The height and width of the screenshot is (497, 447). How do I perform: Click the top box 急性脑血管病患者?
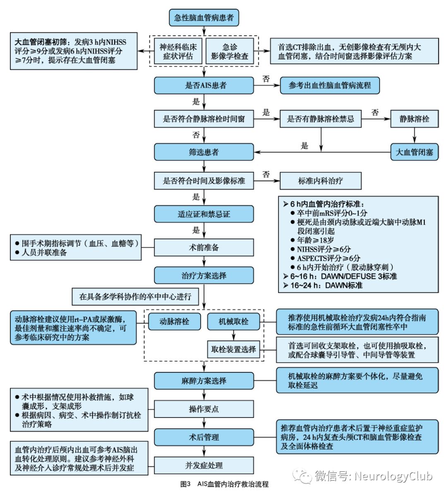click(204, 17)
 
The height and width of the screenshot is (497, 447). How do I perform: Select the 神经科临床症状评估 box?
click(178, 52)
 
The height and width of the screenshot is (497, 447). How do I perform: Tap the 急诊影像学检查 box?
click(230, 52)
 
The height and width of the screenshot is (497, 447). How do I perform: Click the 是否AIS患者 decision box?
click(204, 86)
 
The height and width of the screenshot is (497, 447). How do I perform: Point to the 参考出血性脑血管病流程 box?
click(329, 86)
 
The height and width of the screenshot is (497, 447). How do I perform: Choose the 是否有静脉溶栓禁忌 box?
click(320, 119)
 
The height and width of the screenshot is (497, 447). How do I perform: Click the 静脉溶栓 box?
click(414, 119)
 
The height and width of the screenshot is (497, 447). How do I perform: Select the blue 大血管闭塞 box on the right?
click(414, 152)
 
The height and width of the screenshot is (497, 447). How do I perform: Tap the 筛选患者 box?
click(204, 152)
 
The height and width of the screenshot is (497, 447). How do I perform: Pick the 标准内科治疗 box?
click(320, 181)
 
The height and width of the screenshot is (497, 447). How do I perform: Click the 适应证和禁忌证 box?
click(204, 214)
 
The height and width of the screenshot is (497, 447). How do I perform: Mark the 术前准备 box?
click(204, 248)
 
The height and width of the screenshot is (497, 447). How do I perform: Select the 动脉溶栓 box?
click(174, 321)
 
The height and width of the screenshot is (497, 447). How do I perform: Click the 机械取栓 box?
click(233, 321)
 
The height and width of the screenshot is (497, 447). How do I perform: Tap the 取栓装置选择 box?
click(233, 349)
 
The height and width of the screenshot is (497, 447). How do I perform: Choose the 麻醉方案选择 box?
click(204, 381)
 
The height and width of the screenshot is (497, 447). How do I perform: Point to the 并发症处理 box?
click(204, 466)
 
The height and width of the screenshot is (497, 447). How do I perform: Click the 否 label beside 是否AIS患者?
click(266, 79)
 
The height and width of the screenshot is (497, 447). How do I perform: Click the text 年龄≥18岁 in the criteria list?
click(315, 240)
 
